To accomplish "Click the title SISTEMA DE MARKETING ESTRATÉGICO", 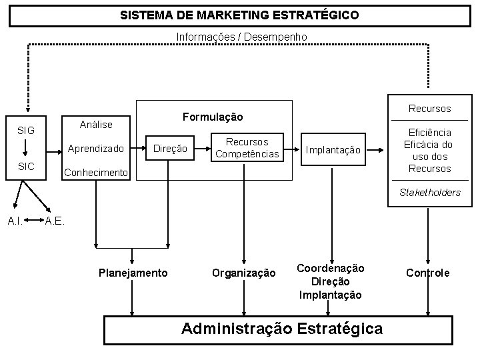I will tap(239, 14).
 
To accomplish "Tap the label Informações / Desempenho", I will tap(241, 37).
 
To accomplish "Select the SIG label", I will tap(27, 130).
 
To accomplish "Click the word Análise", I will tap(95, 124).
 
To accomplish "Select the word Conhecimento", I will tap(95, 173).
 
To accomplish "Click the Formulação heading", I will tap(213, 117).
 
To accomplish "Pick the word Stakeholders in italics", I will tap(429, 193).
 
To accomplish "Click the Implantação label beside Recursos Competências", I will tap(333, 151).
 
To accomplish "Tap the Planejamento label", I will tap(133, 273).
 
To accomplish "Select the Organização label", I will tap(243, 273).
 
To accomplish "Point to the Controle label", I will tap(428, 273).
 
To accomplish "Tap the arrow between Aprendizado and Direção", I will tap(139, 148).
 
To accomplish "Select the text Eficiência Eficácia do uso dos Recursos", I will tap(430, 151).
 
